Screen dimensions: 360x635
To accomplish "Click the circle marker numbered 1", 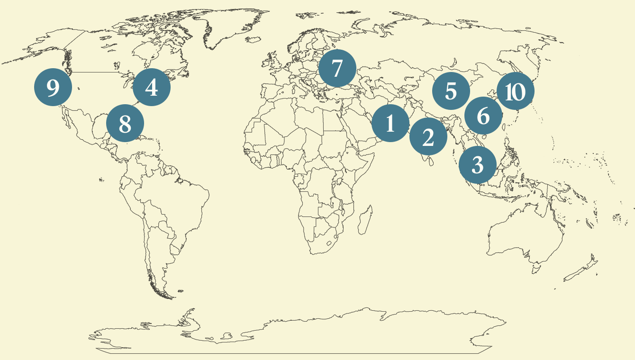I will pyautogui.click(x=390, y=123).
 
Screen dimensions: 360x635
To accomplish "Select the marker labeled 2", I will pyautogui.click(x=428, y=137).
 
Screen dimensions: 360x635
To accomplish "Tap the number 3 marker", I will pyautogui.click(x=478, y=165).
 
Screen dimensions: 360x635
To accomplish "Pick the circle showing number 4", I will pyautogui.click(x=151, y=87).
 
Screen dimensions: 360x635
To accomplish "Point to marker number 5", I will pyautogui.click(x=451, y=91).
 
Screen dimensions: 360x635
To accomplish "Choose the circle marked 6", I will pyautogui.click(x=483, y=116).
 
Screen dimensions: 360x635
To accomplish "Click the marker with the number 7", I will pyautogui.click(x=337, y=69).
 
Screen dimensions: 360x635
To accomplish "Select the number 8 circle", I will pyautogui.click(x=125, y=124).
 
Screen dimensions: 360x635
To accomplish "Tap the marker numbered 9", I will pyautogui.click(x=53, y=87).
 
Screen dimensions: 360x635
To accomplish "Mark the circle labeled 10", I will pyautogui.click(x=515, y=92).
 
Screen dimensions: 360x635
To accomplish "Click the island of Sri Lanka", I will pyautogui.click(x=429, y=162).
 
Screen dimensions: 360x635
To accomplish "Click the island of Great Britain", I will pyautogui.click(x=273, y=62).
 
